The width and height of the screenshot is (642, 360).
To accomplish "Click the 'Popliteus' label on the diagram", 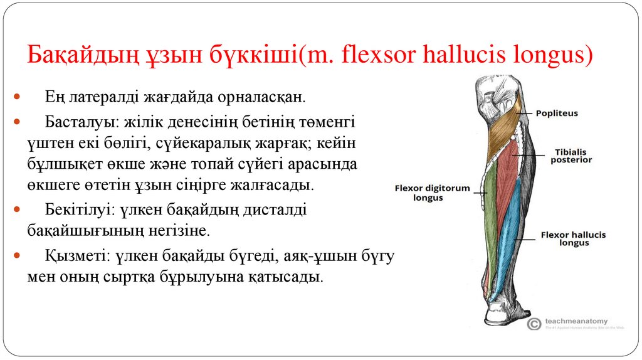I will click(557, 113).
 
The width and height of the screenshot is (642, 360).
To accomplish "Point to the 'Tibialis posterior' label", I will click(571, 156).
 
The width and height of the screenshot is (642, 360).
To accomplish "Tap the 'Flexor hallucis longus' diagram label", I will click(573, 238).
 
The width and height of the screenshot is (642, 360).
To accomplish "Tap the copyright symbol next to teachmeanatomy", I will click(534, 324).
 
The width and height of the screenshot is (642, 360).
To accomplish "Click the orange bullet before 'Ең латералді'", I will click(17, 98).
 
